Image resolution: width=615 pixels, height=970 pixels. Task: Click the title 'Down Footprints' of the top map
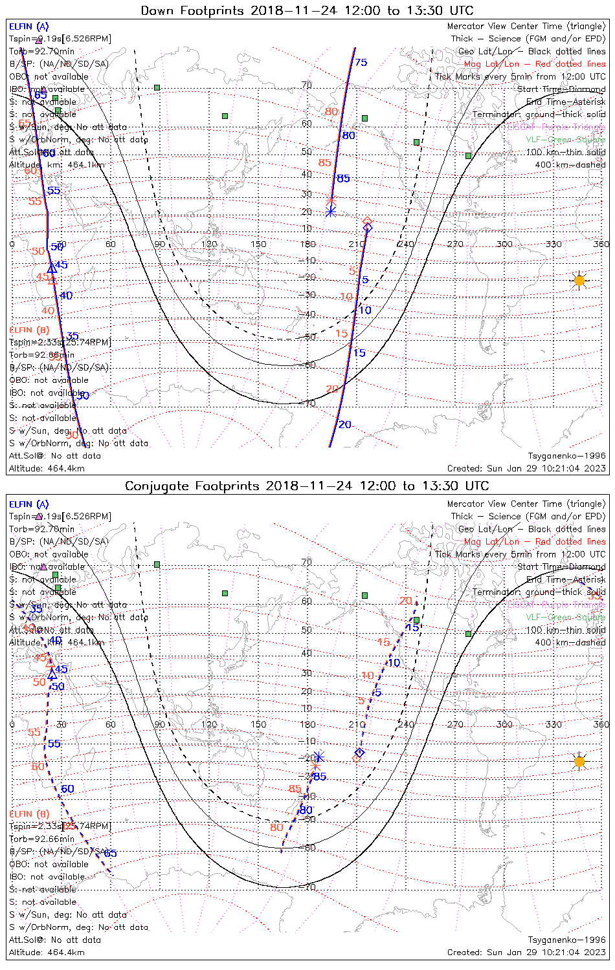pos(193,10)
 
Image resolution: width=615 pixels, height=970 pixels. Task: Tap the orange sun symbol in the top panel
pos(579,281)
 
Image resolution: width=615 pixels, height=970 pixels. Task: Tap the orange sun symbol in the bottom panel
pos(579,762)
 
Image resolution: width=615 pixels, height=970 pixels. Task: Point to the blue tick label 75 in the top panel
pos(361,63)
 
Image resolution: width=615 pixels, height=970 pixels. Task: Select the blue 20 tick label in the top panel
pos(345,425)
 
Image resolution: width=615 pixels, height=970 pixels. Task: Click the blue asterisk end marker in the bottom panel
pos(318,758)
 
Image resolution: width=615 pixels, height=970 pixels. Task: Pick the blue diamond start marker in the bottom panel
pos(360,753)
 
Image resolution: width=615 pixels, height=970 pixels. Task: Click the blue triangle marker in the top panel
pos(51,267)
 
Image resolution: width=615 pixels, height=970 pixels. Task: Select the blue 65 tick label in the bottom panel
pos(110,853)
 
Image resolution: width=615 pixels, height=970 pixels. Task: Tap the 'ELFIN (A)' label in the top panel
pos(28,27)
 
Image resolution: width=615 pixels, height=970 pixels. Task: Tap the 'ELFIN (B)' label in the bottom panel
pos(29,814)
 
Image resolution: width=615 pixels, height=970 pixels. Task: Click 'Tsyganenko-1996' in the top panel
pos(566,456)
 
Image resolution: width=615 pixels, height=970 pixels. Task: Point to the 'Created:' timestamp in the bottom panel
pos(526,952)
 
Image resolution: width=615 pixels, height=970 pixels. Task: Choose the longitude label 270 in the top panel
pos(455,244)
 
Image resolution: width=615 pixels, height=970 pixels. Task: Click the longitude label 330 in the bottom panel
pos(553,724)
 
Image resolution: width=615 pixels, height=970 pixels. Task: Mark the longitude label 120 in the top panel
pos(209,244)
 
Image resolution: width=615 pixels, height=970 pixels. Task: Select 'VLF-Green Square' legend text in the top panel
pos(565,140)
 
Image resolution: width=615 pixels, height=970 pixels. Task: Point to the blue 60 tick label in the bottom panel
pos(67,789)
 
